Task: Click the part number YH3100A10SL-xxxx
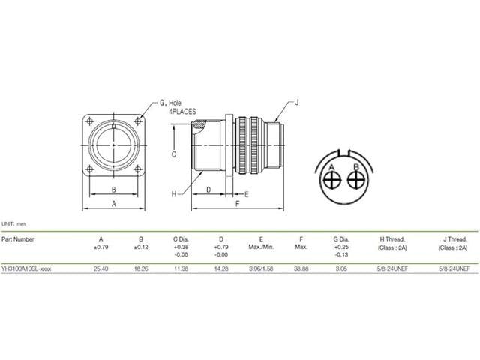27,268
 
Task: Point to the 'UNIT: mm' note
13,223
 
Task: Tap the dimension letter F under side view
237,203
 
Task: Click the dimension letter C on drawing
173,154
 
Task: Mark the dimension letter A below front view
113,203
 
